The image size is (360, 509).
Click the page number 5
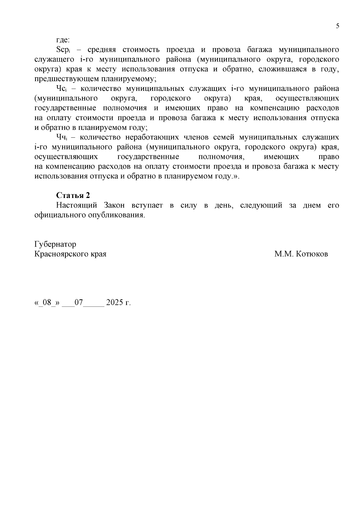(337, 26)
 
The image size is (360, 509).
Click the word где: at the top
(63, 40)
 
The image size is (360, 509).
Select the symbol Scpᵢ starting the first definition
(63, 50)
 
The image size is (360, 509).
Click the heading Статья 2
(73, 195)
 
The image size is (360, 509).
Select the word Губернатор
(55, 244)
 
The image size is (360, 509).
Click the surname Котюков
(312, 254)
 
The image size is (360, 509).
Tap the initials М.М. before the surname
(283, 254)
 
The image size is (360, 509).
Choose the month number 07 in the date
(79, 302)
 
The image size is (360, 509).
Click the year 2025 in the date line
(115, 302)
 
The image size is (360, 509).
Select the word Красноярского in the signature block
(62, 254)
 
